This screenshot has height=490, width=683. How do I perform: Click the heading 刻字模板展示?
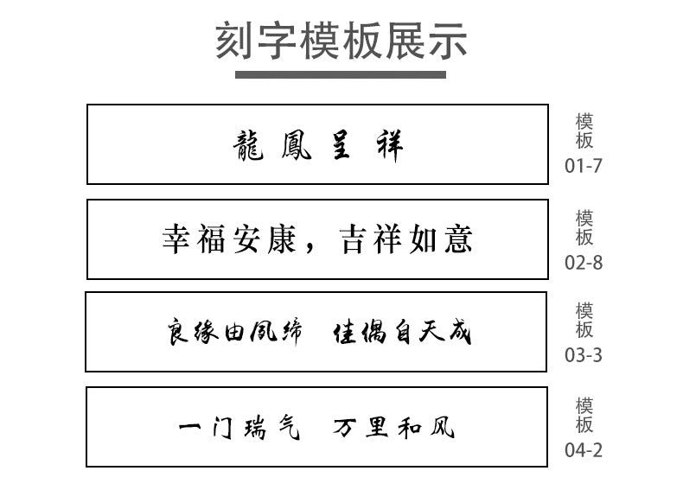(x=341, y=41)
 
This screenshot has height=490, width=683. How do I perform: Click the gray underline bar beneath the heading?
(x=340, y=75)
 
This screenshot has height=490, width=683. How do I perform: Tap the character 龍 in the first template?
(x=248, y=145)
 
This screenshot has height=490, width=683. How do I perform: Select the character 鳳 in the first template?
(x=297, y=145)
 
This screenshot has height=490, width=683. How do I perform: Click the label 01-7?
(x=584, y=166)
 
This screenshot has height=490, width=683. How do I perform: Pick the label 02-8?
(x=584, y=263)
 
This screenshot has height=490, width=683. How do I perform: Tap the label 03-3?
(x=584, y=355)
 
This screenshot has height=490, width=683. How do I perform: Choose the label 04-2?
(x=584, y=450)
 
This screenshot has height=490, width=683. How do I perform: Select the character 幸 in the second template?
(x=176, y=239)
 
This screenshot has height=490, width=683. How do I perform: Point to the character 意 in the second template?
(x=459, y=239)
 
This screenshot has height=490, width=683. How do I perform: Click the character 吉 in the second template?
(x=352, y=239)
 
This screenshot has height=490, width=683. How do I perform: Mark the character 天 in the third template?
(x=432, y=332)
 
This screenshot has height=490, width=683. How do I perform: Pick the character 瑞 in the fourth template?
(x=255, y=427)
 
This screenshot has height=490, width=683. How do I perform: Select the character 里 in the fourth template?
(x=376, y=427)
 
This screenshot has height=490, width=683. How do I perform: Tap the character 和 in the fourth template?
(x=410, y=427)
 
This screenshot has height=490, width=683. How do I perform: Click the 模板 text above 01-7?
(x=584, y=131)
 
